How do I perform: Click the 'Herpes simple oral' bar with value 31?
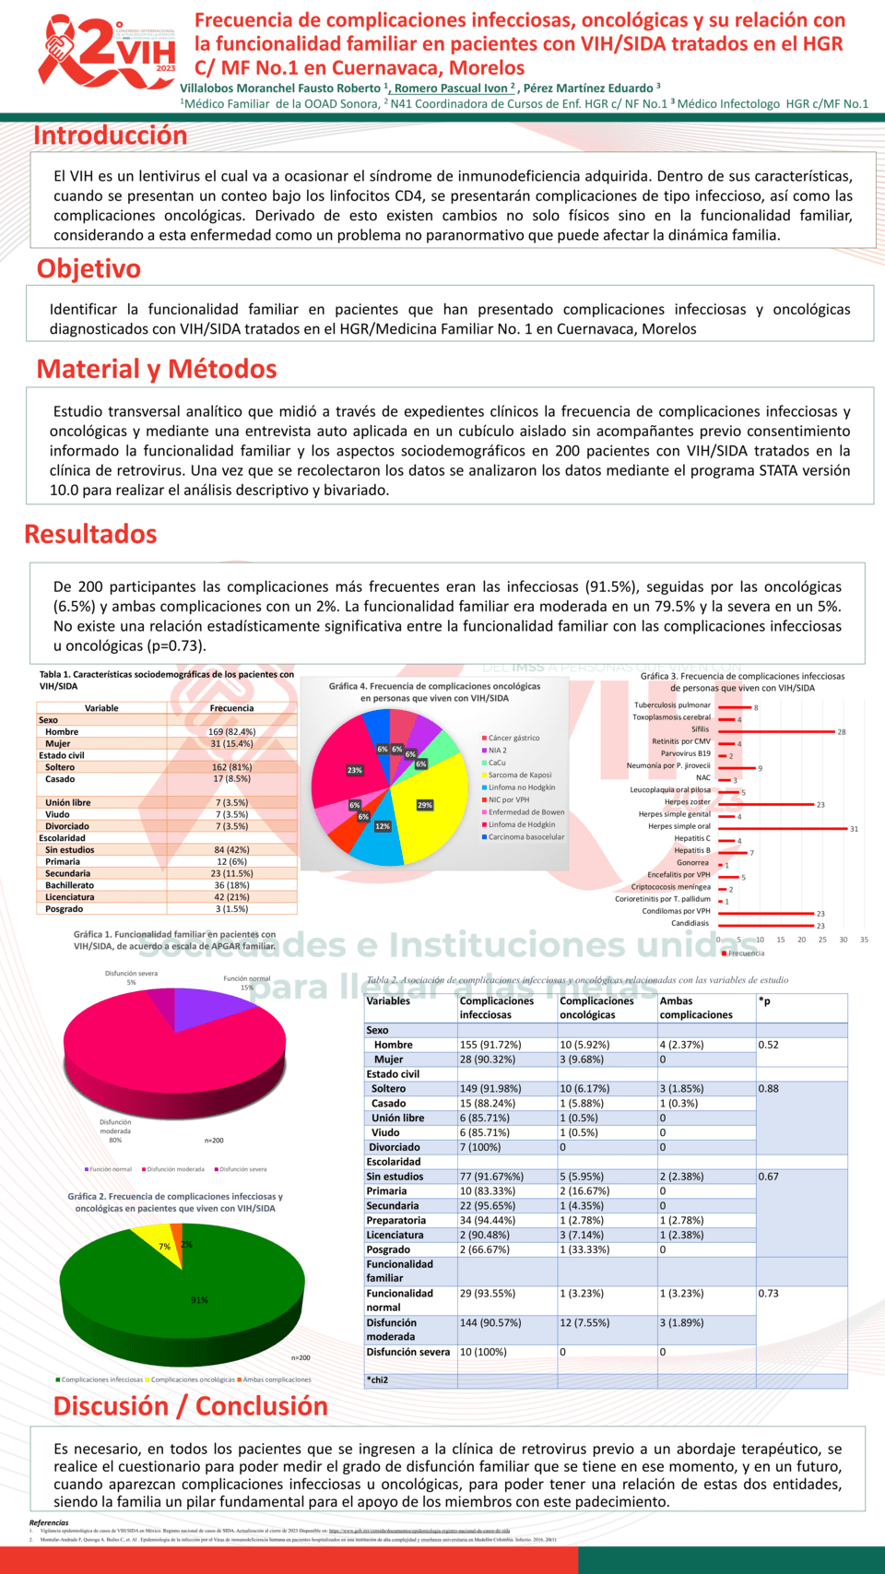[783, 828]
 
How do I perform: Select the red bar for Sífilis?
[776, 731]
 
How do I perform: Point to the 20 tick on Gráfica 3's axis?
[801, 940]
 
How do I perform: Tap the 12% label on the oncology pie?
[383, 826]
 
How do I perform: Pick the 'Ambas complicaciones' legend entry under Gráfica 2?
[275, 1379]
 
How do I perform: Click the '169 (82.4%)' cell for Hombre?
[231, 732]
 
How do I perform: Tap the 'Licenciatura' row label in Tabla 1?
[70, 896]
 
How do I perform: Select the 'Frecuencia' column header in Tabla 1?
[231, 708]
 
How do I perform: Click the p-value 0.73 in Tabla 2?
[768, 1294]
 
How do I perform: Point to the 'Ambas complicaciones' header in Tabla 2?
[696, 1008]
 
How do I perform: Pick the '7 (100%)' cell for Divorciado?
[480, 1147]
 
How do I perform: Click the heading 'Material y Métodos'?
[157, 369]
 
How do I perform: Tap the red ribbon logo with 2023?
[107, 53]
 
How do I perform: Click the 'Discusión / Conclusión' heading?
[191, 1406]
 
